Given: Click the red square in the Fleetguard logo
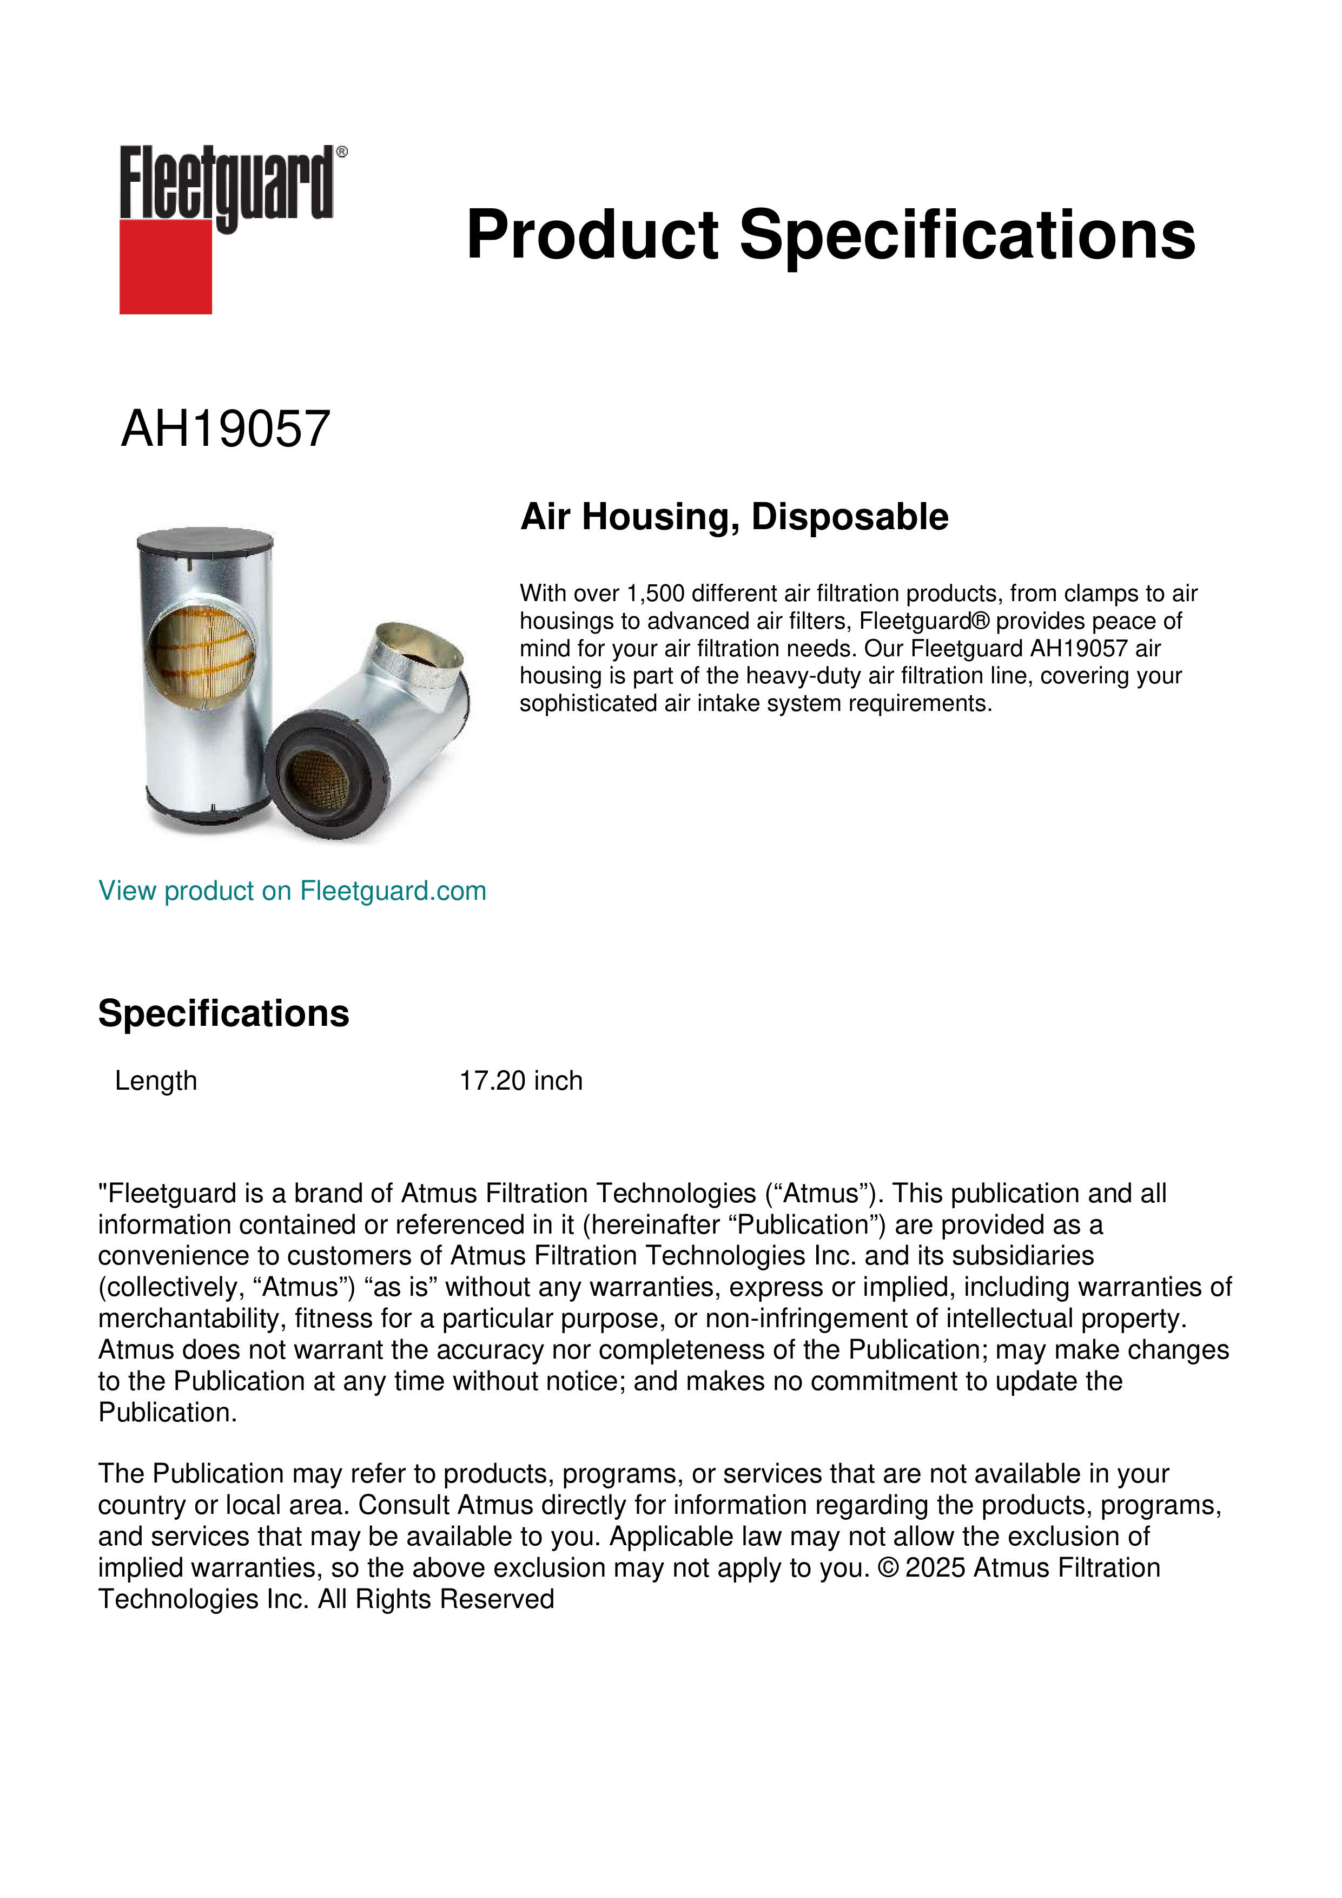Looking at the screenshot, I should click(x=166, y=266).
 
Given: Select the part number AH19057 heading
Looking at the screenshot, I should click(x=226, y=429).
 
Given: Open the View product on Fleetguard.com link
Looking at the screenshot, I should click(x=292, y=891).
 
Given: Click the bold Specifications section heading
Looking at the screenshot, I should click(x=223, y=1013).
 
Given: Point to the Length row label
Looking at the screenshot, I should click(x=155, y=1080).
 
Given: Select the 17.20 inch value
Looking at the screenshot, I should click(x=520, y=1080).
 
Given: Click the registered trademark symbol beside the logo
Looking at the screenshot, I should click(x=342, y=152).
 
